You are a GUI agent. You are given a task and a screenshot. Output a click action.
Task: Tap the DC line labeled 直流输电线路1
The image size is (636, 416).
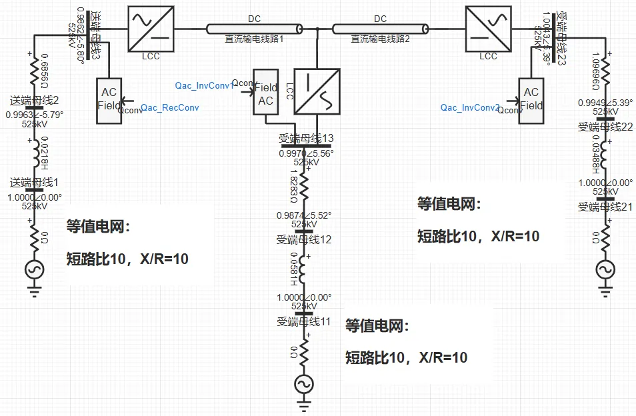[x=254, y=29]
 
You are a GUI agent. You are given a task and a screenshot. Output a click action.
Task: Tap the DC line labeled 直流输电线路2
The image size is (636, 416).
[x=381, y=29]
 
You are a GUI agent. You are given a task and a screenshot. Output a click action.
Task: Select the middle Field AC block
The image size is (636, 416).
[x=265, y=93]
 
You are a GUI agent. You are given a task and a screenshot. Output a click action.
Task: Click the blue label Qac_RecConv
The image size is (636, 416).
[x=169, y=107]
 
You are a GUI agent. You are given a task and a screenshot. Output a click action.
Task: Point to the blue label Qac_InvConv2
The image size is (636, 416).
[x=470, y=107]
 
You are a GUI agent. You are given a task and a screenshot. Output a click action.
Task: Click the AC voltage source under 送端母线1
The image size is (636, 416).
[x=34, y=270]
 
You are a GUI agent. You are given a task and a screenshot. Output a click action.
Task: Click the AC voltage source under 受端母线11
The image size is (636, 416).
[x=304, y=385]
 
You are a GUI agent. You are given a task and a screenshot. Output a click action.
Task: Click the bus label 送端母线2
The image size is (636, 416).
[x=35, y=101]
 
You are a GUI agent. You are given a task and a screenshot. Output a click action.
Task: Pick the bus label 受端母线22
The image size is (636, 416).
[x=605, y=127]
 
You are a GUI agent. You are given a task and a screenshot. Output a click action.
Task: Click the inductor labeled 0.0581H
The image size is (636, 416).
[x=304, y=268]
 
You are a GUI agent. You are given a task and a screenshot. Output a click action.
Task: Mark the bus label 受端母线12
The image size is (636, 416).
[x=304, y=239]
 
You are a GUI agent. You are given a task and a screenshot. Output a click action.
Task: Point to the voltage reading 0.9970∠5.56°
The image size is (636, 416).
[x=306, y=153]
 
